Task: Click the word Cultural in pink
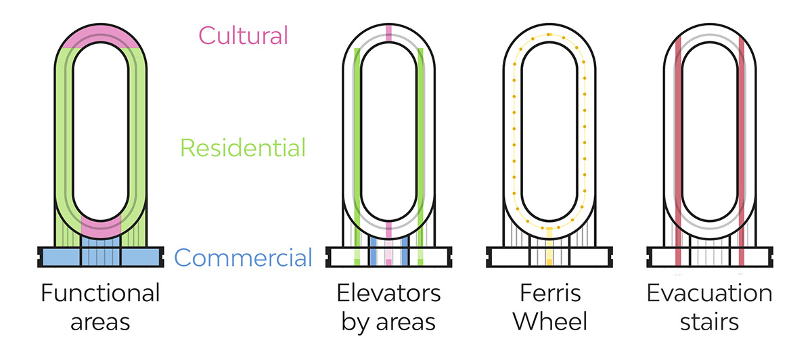pyautogui.click(x=243, y=35)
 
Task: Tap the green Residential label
pyautogui.click(x=243, y=148)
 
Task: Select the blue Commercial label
pyautogui.click(x=243, y=258)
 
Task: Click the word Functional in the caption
pyautogui.click(x=100, y=294)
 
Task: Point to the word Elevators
pyautogui.click(x=388, y=294)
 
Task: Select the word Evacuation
pyautogui.click(x=709, y=294)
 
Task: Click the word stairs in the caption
pyautogui.click(x=709, y=321)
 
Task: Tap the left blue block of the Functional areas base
pyautogui.click(x=60, y=256)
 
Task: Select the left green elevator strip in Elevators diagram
pyautogui.click(x=357, y=135)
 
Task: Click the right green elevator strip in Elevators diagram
pyautogui.click(x=421, y=135)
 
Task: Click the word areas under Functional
pyautogui.click(x=100, y=321)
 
